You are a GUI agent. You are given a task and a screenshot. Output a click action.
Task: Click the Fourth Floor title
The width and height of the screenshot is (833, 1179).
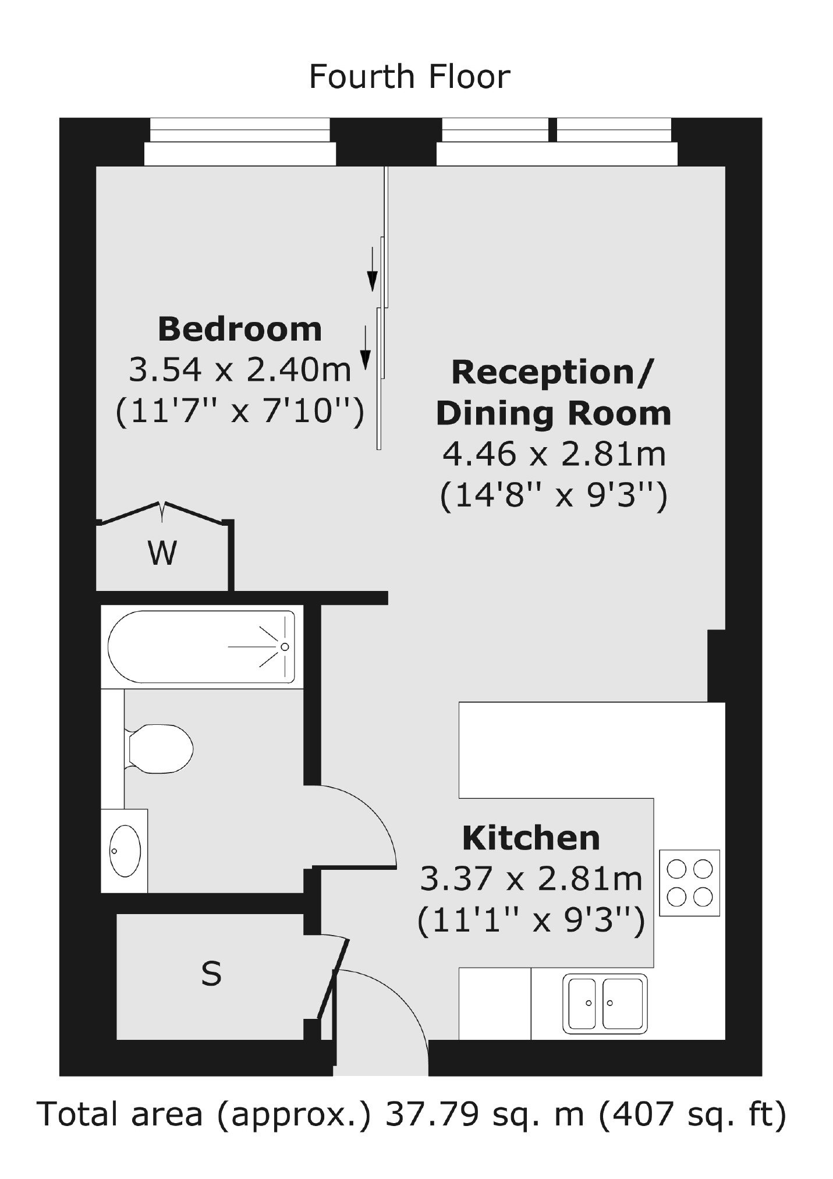409,77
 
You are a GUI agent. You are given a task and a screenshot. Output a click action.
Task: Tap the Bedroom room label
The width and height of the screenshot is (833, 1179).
240,329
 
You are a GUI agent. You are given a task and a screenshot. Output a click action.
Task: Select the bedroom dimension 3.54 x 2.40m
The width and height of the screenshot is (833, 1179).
240,369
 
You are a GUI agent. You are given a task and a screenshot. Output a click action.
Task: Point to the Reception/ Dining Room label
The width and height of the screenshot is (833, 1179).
554,393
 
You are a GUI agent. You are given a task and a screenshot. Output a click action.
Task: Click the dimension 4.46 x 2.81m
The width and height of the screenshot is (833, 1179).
554,454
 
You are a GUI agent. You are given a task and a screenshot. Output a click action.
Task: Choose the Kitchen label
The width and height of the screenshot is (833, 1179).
531,838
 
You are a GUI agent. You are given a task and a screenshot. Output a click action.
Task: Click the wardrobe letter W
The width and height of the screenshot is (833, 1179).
162,553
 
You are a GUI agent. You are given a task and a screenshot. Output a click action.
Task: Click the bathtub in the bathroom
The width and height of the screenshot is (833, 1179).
201,646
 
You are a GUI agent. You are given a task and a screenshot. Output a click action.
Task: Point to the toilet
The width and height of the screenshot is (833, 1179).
158,748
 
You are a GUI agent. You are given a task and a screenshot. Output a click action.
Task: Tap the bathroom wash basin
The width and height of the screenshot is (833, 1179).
125,851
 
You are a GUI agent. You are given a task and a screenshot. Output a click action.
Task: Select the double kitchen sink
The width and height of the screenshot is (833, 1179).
605,1003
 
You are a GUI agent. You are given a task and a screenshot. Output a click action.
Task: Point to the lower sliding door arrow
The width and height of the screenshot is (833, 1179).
365,348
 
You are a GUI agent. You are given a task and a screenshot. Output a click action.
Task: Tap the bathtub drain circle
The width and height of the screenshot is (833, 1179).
285,647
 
